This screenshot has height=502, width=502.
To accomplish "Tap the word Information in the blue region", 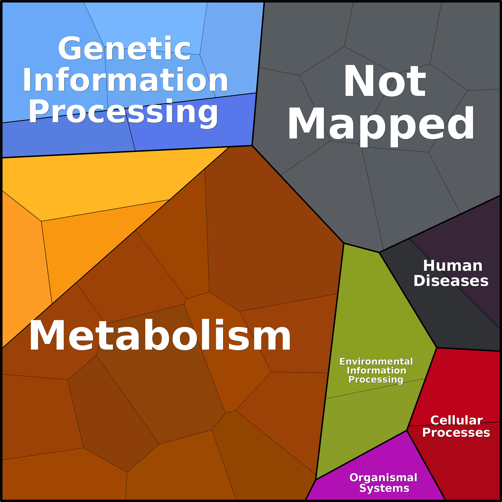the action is [x=125, y=79].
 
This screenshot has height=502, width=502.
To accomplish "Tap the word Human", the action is [x=453, y=266].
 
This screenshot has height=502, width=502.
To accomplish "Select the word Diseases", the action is [x=451, y=281].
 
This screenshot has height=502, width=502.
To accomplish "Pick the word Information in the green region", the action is [x=376, y=371].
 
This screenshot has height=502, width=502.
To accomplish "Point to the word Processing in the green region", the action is [x=376, y=380].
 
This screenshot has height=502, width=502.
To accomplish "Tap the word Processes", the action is [x=456, y=433].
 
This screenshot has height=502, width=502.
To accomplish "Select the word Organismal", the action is [x=383, y=478].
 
